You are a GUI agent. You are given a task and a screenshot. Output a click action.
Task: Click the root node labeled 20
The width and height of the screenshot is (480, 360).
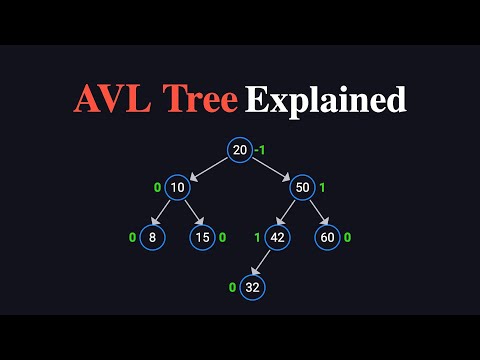239,150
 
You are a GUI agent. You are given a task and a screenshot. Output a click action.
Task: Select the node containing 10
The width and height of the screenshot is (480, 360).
177,187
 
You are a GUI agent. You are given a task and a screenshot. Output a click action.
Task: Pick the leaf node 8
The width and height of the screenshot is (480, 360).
151,237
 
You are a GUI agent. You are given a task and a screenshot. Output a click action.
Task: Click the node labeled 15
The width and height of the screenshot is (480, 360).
203,237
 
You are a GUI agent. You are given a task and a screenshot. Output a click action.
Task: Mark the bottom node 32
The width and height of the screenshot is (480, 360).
253,287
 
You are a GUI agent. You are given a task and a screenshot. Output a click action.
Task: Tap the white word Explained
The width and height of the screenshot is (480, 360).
326,100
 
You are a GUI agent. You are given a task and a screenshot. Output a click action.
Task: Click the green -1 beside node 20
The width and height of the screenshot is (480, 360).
259,150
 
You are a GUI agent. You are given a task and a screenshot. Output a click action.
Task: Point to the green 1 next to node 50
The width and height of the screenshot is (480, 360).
322,187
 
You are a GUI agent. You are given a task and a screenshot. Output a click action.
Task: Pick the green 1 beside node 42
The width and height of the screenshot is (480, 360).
257,237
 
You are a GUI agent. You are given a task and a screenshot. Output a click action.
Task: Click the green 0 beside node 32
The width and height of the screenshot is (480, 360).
233,287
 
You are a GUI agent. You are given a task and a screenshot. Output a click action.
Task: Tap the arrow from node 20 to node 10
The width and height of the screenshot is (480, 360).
208,168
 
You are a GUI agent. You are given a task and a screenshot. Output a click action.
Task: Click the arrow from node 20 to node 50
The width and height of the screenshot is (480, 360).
270,168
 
